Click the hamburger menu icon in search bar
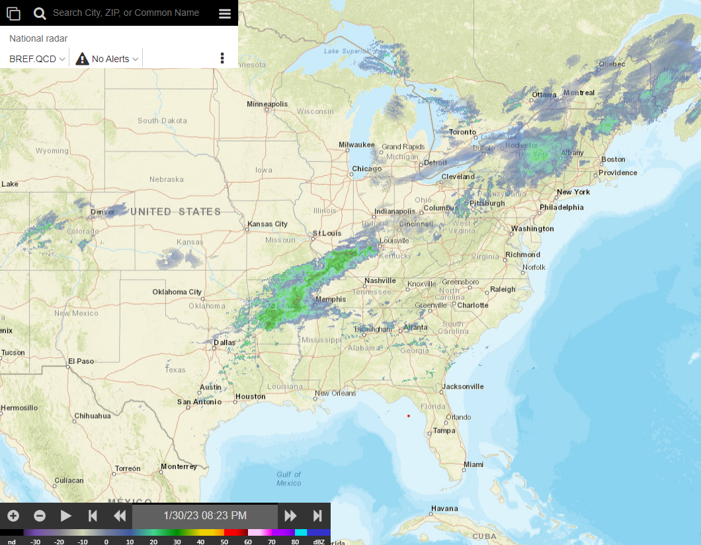pos(225,13)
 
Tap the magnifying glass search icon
pos(40,13)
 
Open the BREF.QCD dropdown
pos(38,59)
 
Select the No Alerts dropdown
pos(108,59)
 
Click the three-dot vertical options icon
pos(222,58)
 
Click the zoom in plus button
pos(13,516)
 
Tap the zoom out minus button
pos(40,516)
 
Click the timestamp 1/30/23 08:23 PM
pos(205,516)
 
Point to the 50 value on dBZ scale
pos(224,541)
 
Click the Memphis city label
pos(331,299)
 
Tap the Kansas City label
pos(267,224)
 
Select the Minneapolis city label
pos(267,104)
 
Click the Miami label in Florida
pos(474,464)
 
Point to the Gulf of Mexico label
pos(289,478)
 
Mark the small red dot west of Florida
pos(409,415)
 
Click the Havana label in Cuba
pos(444,509)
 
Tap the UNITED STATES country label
pos(175,212)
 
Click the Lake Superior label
pos(347,51)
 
